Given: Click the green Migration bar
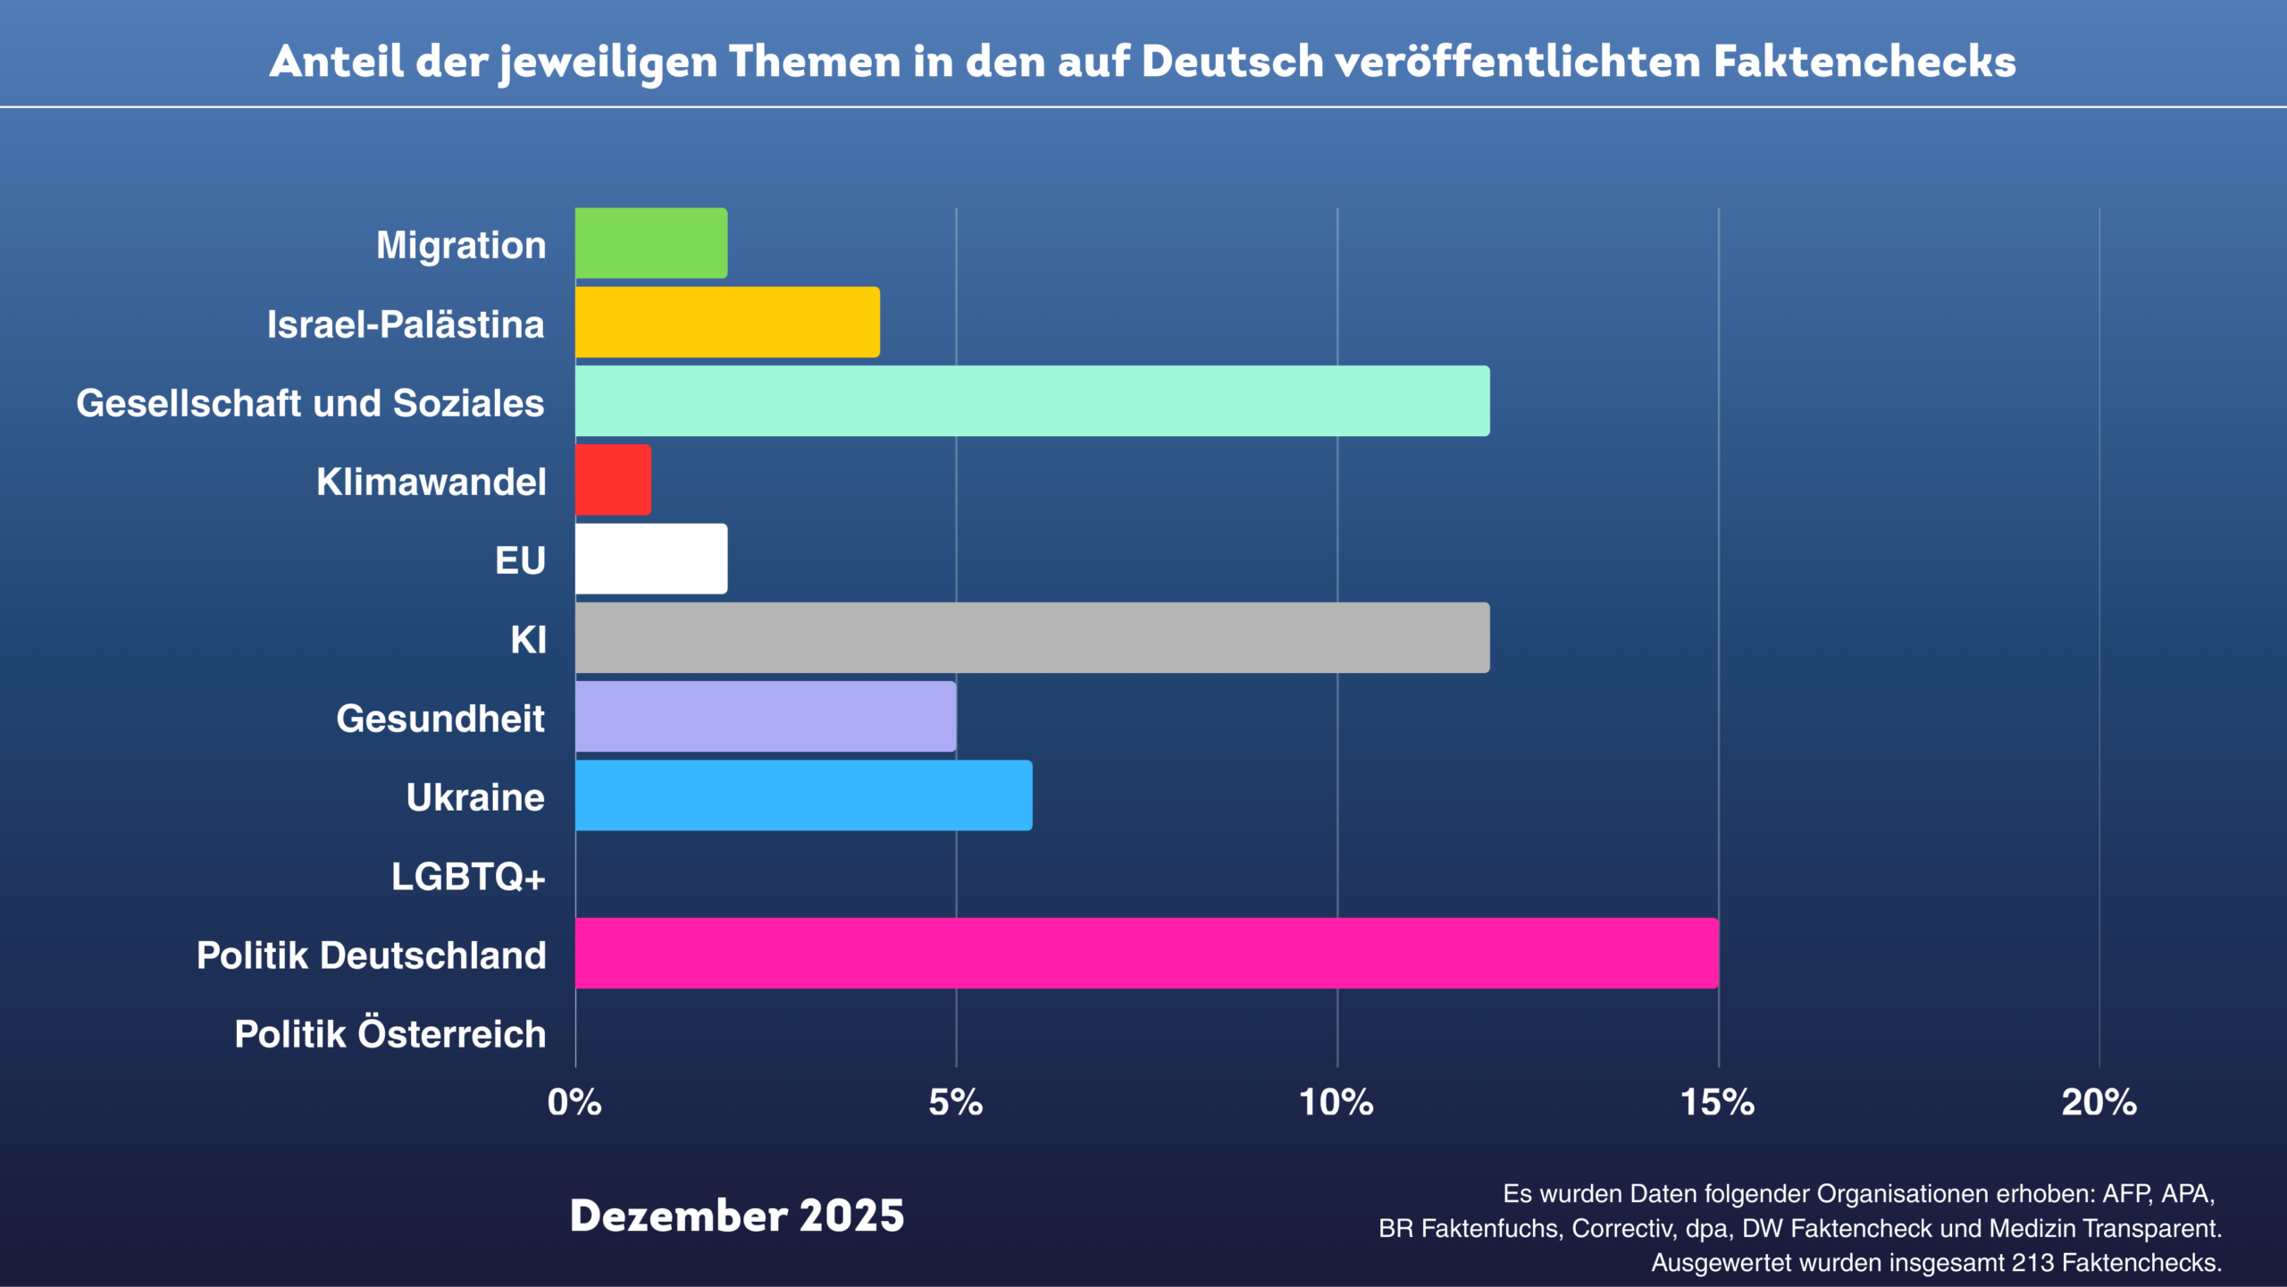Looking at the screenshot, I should tap(650, 243).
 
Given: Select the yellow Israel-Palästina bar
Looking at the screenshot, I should tap(727, 322).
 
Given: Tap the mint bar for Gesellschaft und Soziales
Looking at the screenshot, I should tap(1032, 400).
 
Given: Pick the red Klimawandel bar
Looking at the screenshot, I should tap(613, 480).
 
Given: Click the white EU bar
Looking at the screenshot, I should tap(650, 559).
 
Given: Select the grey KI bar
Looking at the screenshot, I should tap(1032, 637).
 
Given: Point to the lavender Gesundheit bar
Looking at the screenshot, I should tap(766, 717).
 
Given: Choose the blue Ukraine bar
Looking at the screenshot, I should tap(803, 795).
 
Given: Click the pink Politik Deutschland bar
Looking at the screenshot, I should tap(1146, 953).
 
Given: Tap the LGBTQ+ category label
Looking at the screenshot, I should tap(468, 877).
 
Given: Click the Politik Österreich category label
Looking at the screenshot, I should tap(390, 1034).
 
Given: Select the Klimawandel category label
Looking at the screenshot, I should tap(431, 482).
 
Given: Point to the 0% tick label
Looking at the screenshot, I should tap(574, 1103).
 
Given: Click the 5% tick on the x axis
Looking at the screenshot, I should tap(955, 1103).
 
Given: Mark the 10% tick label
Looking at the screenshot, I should tap(1336, 1103).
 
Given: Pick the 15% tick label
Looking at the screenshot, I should tap(1717, 1103).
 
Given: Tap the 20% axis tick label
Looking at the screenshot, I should tap(2099, 1103).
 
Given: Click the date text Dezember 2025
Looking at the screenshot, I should tap(737, 1216).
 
